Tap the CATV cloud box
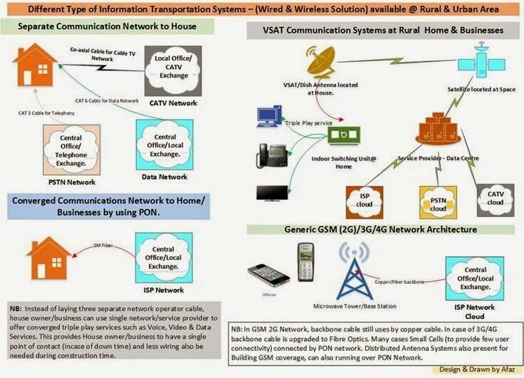(x=496, y=195)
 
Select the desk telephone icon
(x=271, y=155)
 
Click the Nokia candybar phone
(x=305, y=261)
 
